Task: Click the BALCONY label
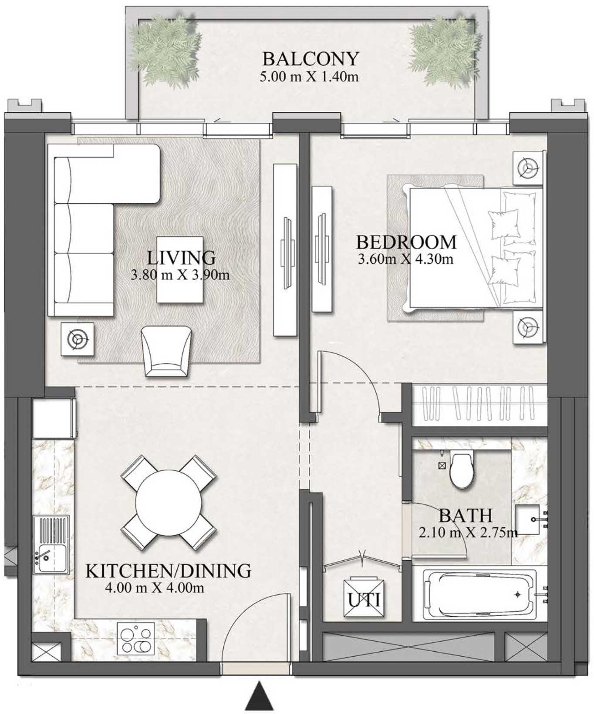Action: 310,58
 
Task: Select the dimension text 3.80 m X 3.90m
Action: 180,275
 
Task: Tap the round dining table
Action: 169,503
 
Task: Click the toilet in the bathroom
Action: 461,470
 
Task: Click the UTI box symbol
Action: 364,598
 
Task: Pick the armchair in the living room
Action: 166,352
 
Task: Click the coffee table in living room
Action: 180,269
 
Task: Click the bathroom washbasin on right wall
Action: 529,520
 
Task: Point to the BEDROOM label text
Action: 406,242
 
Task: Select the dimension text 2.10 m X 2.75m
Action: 468,532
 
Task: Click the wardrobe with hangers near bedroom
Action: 479,405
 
